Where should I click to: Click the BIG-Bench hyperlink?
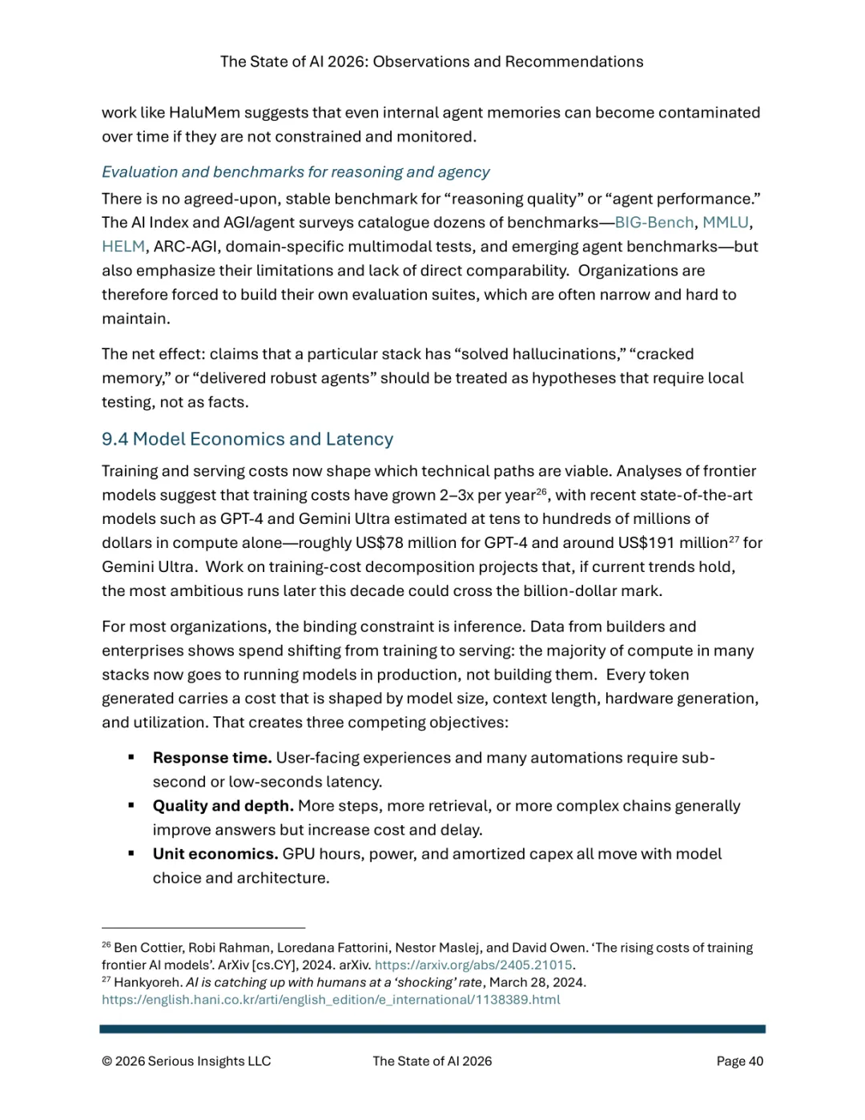[654, 223]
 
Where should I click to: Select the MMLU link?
[725, 223]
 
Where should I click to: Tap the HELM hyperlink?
[123, 247]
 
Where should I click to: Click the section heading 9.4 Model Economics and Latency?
[247, 439]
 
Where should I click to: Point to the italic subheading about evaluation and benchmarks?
[296, 172]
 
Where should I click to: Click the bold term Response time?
[212, 758]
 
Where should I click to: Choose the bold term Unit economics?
[215, 854]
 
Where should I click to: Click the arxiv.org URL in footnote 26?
[473, 965]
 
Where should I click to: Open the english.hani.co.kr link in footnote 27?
[331, 1000]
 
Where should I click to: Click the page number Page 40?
[739, 1062]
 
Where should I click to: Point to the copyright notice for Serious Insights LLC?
[187, 1062]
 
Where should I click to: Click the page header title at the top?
[432, 62]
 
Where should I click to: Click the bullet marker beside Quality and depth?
[131, 805]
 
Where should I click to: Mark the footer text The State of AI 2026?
[432, 1062]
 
